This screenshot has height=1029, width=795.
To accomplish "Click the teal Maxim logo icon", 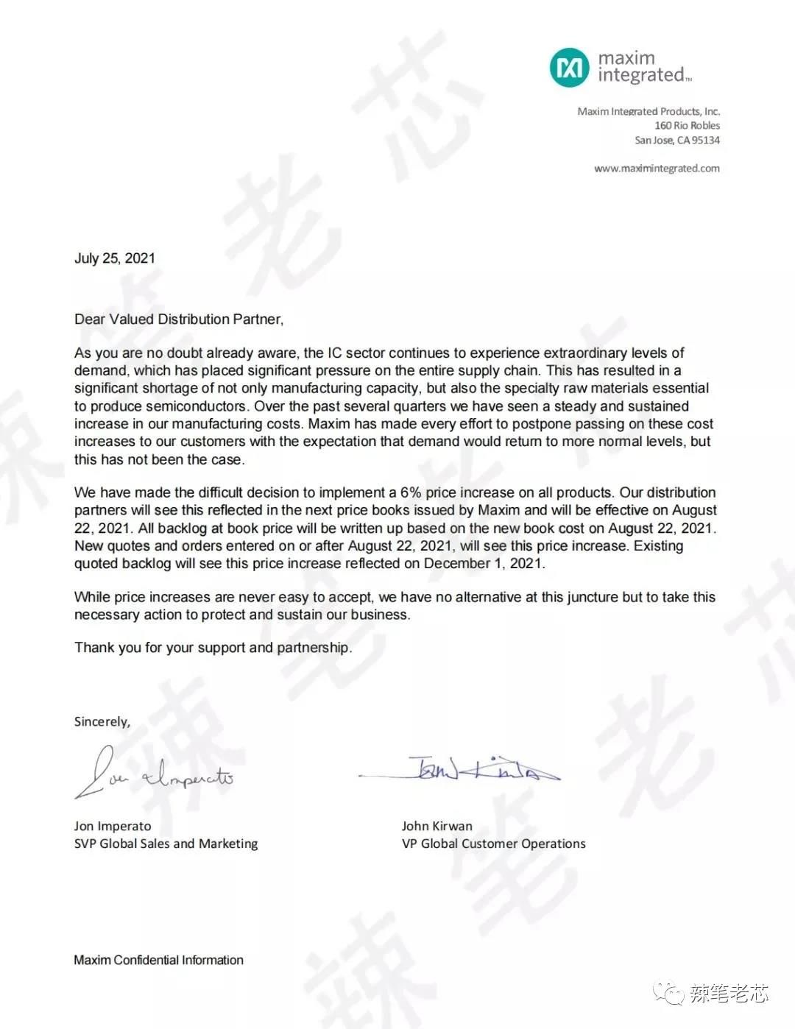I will [x=569, y=67].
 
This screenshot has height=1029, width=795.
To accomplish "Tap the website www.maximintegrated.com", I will [x=657, y=169].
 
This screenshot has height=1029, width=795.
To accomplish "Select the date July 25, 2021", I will [x=115, y=258].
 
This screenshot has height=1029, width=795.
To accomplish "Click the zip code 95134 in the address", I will [x=707, y=140].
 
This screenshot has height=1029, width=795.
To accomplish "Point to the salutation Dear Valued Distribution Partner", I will [x=179, y=319].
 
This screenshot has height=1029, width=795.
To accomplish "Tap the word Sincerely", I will [x=102, y=722].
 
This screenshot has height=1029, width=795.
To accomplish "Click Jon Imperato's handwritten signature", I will [x=155, y=774].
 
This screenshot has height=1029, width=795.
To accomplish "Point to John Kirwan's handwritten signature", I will [x=471, y=769].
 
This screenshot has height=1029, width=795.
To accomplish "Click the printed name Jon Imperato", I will [x=113, y=826].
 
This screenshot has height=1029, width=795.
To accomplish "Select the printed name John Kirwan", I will [x=437, y=826].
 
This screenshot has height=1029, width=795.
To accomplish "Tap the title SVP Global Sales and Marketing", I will [x=166, y=844].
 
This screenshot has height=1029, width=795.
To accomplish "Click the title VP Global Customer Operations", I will [x=493, y=844].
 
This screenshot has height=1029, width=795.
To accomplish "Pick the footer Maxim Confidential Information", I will [x=158, y=960].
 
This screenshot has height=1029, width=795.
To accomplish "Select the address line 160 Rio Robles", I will [x=687, y=126].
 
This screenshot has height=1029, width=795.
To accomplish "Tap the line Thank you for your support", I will [x=213, y=648].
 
